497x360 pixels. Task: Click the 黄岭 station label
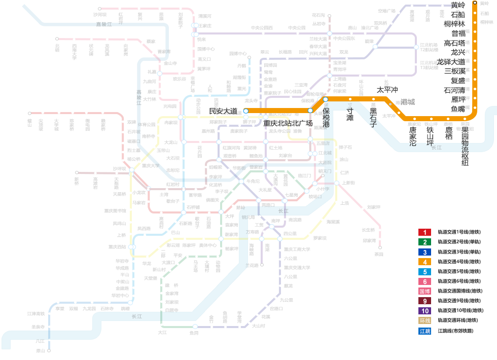pos(458,5)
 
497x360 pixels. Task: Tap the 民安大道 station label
pos(223,111)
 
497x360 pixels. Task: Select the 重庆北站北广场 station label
pos(288,123)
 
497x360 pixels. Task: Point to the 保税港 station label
pos(326,117)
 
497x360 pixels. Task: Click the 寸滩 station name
pos(350,114)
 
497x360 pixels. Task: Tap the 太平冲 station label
pos(387,90)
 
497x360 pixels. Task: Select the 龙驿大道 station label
pos(451,62)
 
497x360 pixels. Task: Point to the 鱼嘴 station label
pos(458,109)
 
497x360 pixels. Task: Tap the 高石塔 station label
pos(454,43)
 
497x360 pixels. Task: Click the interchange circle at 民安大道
pos(246,111)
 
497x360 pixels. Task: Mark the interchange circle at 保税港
pos(326,99)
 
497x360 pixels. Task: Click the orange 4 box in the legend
pos(424,262)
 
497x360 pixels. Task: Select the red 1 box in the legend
pos(424,232)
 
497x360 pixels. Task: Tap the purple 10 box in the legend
pos(424,311)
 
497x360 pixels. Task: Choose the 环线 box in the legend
pos(424,320)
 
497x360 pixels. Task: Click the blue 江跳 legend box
pos(424,331)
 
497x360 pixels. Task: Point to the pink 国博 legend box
pos(424,291)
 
